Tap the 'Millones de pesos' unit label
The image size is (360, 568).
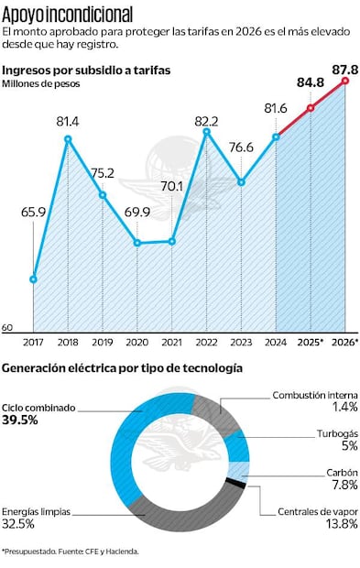pos(40,83)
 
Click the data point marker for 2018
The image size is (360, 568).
pos(68,139)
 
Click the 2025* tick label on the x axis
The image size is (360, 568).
pos(311,344)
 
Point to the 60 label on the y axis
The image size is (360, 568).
pos(7,327)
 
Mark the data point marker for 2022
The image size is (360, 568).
pos(207,132)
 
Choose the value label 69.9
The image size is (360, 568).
pos(137,212)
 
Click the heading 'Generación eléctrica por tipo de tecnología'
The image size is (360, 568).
pos(122,368)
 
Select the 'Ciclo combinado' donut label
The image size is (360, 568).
pos(38,408)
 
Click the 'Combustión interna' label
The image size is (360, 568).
pos(314,395)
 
